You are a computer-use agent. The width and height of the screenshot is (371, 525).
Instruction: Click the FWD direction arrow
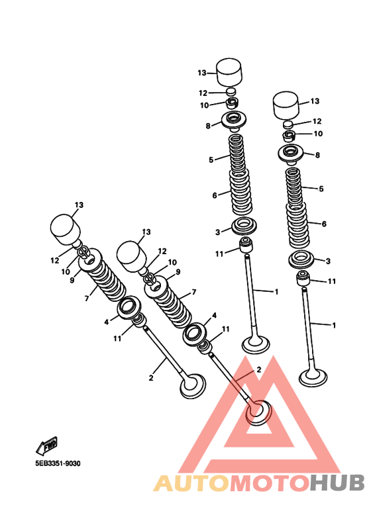point(47,446)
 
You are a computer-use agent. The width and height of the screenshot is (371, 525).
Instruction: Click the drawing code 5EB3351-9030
point(58,463)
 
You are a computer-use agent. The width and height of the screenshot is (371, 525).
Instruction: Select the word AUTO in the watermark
point(192,483)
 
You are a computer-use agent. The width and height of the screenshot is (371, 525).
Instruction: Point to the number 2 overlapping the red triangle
point(258,369)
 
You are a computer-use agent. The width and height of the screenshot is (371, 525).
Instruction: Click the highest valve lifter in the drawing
point(229,72)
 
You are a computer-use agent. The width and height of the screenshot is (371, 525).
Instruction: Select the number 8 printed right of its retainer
point(317,155)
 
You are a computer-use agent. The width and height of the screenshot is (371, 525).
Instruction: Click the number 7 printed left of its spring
point(87,298)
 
